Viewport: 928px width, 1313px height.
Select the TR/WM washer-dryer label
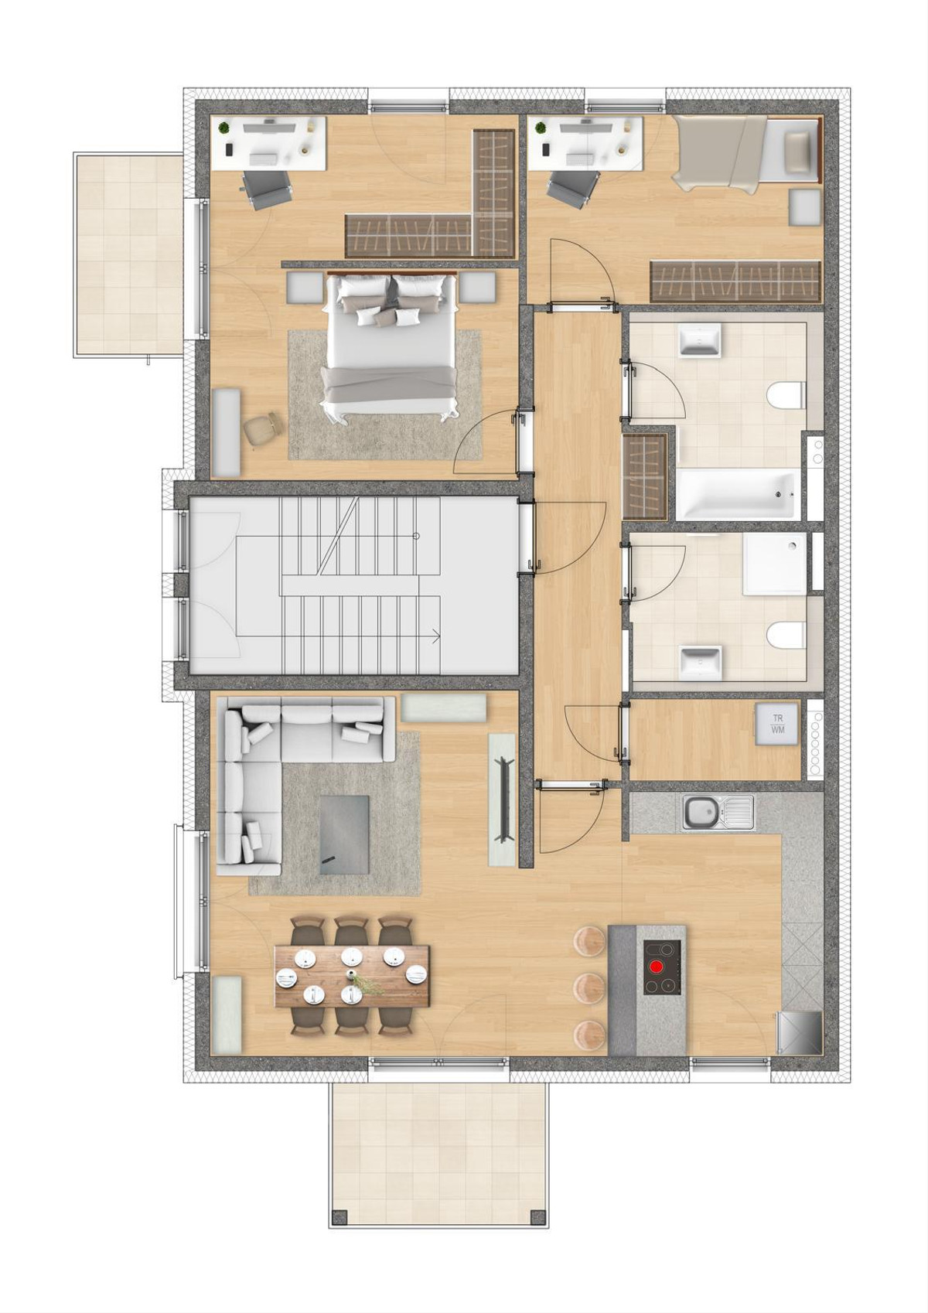778,724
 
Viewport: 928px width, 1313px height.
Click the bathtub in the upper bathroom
735,495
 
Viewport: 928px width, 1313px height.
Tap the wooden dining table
353,976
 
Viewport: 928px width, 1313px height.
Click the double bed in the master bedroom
391,346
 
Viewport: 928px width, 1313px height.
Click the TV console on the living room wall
503,799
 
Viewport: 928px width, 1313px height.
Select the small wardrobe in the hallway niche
645,476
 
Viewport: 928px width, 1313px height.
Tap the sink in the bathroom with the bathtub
699,341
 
